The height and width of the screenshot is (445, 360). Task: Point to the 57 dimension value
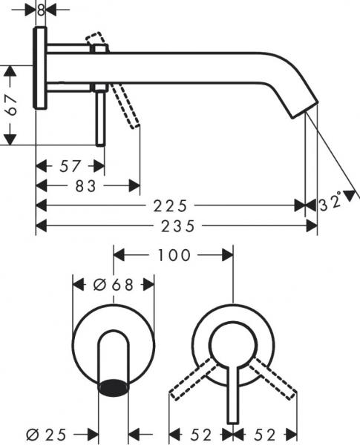pyautogui.click(x=71, y=164)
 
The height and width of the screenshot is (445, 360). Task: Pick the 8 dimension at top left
pyautogui.click(x=40, y=10)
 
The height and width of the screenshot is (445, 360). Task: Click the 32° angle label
pyautogui.click(x=332, y=201)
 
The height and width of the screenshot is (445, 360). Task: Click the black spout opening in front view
pyautogui.click(x=114, y=385)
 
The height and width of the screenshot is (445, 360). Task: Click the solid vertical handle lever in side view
pyautogui.click(x=99, y=115)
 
